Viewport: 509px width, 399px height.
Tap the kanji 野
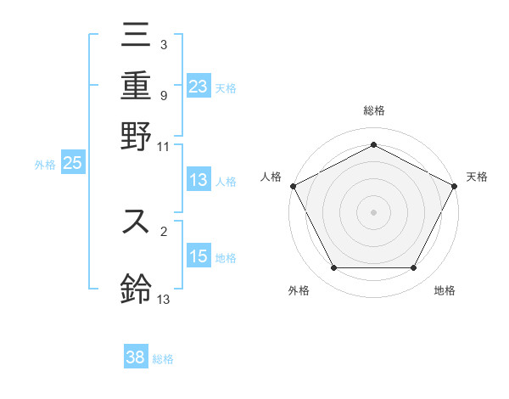click(136, 136)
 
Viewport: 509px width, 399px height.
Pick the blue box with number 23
click(198, 86)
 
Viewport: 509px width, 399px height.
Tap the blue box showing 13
click(198, 180)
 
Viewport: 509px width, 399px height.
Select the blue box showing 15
click(198, 256)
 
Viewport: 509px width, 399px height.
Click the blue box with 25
click(72, 164)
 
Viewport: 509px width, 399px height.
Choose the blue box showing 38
click(135, 357)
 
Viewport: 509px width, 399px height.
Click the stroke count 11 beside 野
click(164, 147)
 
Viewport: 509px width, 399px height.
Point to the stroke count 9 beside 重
click(164, 95)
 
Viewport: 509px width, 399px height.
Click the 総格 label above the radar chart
click(373, 110)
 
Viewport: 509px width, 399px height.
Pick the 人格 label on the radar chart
click(271, 177)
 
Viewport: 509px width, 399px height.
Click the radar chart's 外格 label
click(299, 290)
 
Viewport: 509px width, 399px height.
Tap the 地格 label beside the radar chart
click(445, 290)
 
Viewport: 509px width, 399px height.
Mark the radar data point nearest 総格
click(373, 144)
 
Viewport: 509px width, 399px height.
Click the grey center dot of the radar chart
click(373, 211)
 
